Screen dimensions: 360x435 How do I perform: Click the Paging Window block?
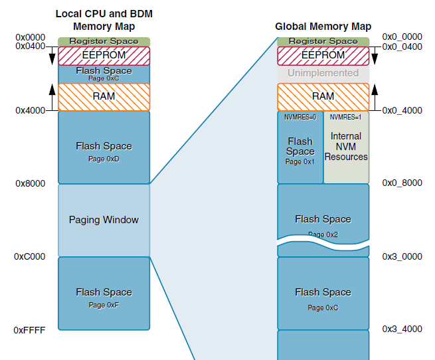(104, 220)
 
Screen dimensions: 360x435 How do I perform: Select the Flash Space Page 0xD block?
(104, 147)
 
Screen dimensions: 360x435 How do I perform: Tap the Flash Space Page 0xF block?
(104, 294)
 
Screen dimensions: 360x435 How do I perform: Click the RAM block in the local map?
(104, 96)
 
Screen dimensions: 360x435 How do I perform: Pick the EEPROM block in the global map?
(323, 56)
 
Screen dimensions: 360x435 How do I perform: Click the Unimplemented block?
(323, 73)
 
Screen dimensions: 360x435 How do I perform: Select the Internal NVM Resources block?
(346, 147)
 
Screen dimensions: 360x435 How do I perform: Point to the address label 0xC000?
(30, 256)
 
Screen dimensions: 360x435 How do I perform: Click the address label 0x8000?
(30, 183)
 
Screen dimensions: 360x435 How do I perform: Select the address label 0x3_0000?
(402, 256)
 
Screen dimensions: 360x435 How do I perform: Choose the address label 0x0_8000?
(402, 183)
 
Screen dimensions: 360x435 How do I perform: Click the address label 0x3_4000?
(402, 329)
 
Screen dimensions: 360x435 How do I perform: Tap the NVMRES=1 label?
(345, 117)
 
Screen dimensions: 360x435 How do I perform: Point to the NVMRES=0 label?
(300, 117)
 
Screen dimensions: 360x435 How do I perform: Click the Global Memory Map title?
(323, 27)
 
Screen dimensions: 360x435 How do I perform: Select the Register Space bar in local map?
(104, 41)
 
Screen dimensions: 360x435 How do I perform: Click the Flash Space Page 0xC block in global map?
(323, 294)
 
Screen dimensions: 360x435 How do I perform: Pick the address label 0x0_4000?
(402, 110)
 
